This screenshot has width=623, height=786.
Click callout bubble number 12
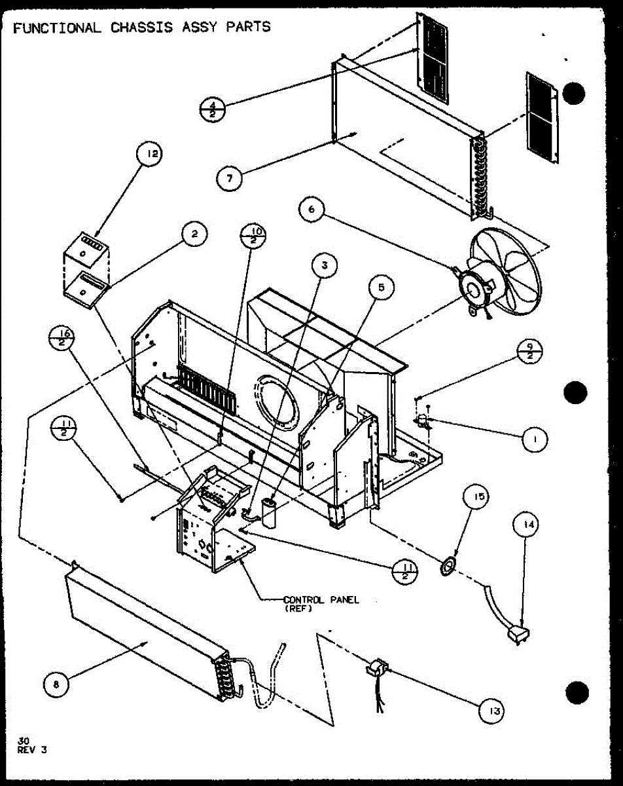149,154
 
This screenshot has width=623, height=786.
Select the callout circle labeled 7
229,178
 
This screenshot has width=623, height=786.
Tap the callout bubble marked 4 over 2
213,109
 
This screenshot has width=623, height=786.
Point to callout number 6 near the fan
311,210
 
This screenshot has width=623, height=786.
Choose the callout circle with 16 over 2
62,338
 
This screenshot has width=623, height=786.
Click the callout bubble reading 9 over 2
529,351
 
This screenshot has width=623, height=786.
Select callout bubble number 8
56,684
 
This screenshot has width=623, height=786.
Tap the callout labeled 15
476,496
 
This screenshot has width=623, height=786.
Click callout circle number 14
525,525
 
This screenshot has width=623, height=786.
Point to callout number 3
325,265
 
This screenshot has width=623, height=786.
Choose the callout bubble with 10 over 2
253,236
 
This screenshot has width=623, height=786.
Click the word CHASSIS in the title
141,28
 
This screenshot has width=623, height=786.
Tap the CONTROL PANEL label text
321,600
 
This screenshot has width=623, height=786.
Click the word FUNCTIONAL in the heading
58,28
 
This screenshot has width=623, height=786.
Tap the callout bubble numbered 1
535,440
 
